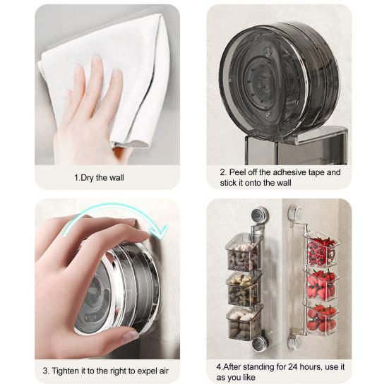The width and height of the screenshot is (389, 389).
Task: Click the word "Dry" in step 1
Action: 88,178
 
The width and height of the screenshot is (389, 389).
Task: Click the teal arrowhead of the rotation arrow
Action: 158,232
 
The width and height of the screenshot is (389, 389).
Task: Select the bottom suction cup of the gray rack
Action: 258,344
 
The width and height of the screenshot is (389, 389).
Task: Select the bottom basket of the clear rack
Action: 321,318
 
